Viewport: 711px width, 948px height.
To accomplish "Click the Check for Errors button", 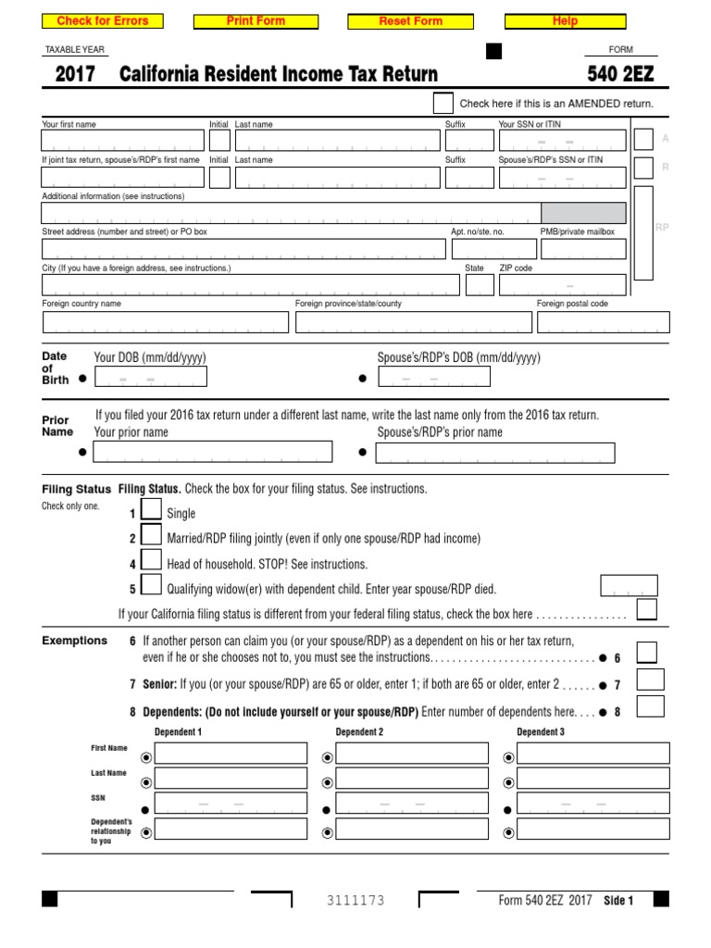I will coord(103,21).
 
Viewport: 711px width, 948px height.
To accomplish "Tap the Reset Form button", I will coord(410,21).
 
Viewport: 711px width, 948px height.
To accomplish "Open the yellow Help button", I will coord(564,21).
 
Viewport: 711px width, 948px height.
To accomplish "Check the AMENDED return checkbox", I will coord(443,103).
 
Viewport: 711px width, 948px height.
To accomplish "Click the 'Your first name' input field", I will coord(122,140).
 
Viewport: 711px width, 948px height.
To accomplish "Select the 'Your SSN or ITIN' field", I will coord(562,140).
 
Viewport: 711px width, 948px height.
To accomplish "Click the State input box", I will coord(480,285).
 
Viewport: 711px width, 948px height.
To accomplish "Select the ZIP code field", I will coord(562,285).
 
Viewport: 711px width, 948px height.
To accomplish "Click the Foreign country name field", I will coord(166,322).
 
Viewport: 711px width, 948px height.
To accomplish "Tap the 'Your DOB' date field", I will coord(150,377).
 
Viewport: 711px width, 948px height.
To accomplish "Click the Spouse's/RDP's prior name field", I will coord(495,452).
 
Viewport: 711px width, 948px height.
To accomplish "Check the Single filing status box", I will coord(152,511).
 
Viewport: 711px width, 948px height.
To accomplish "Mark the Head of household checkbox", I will coord(152,561).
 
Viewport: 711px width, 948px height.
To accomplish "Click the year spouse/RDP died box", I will coord(630,586).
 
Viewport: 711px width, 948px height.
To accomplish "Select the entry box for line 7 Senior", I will coord(651,681).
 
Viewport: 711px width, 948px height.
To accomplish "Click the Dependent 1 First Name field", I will coord(231,754).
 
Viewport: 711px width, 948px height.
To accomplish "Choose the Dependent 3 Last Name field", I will coord(592,779).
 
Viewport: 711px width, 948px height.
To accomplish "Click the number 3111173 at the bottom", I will coord(355,901).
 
